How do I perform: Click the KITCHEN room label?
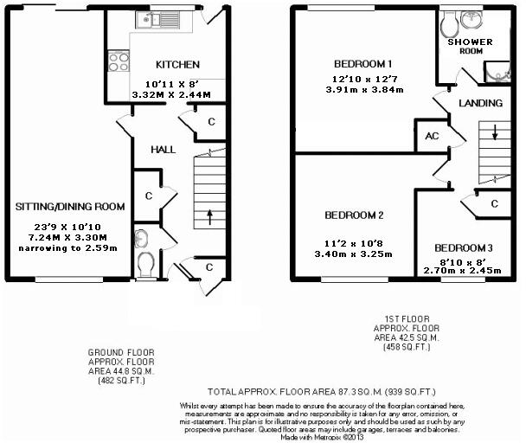coord(177,65)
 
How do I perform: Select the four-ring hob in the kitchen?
coord(117,61)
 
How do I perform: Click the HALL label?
coord(164,149)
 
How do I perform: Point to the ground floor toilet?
coord(145,260)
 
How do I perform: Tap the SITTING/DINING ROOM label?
coord(70,207)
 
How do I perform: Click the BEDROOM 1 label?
coord(364,63)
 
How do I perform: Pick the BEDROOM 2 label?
coord(355,215)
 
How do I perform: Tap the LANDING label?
coord(480,103)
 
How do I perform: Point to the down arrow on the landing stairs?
coord(495,133)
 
